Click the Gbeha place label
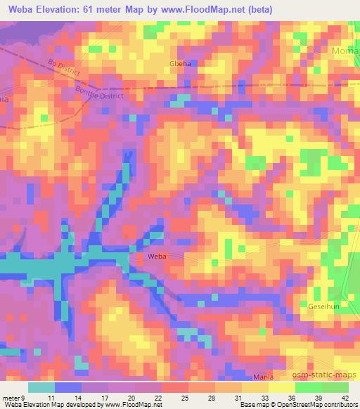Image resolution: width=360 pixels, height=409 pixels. point(179,63)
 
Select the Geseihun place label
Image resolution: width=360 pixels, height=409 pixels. point(324,307)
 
